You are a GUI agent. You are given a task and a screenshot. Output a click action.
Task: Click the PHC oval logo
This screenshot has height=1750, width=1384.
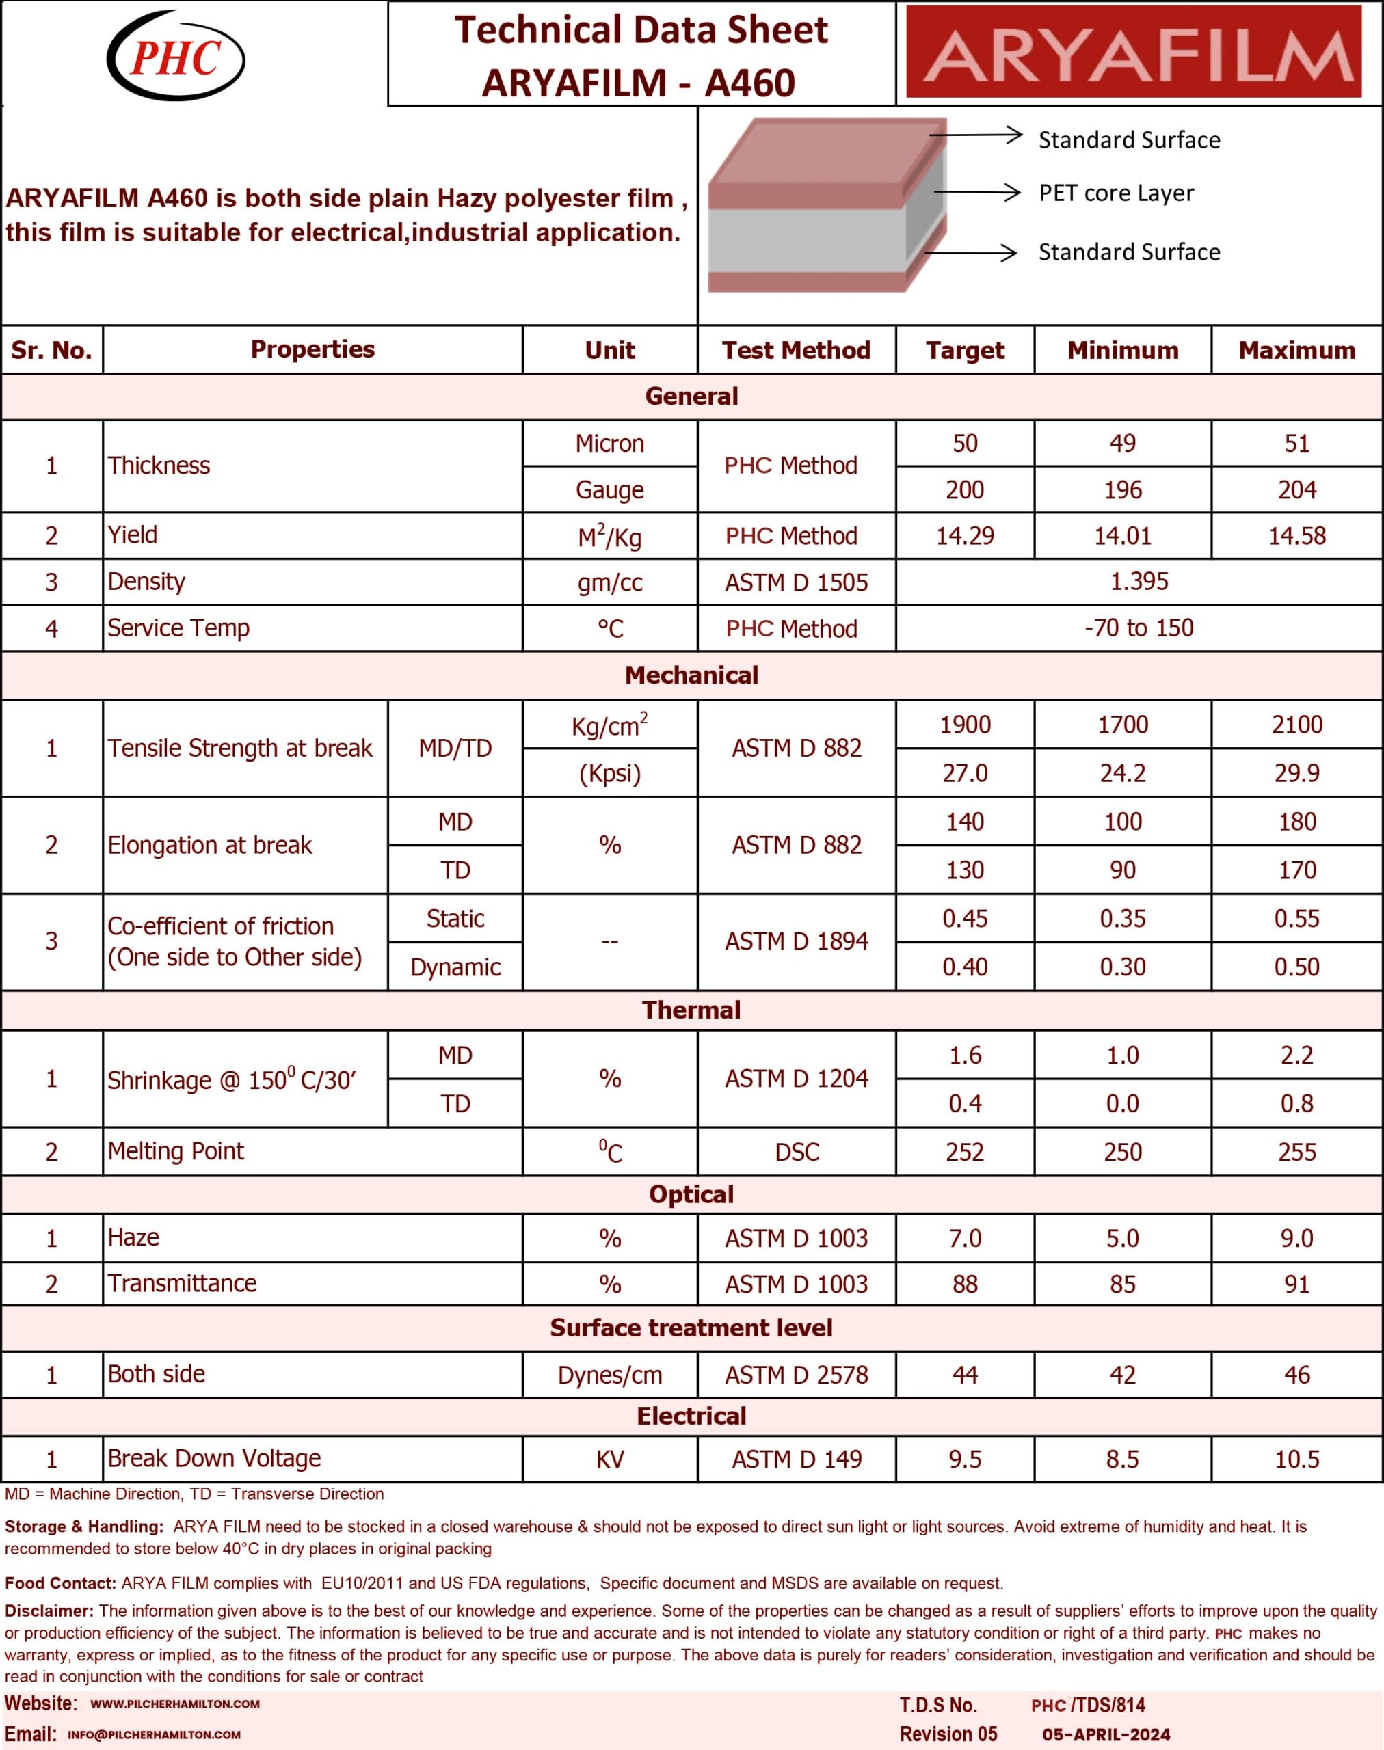(x=175, y=55)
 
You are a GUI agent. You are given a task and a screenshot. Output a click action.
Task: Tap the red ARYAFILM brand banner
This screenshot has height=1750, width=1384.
(x=1133, y=52)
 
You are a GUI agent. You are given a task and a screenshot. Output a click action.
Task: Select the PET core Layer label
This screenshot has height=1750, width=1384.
(x=1116, y=193)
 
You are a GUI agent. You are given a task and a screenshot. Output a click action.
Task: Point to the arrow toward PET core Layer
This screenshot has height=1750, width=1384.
(x=976, y=192)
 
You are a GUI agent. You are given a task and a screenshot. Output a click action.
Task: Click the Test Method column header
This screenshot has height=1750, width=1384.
(x=796, y=350)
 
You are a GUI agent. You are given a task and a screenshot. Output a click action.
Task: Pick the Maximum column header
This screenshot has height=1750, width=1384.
(x=1296, y=350)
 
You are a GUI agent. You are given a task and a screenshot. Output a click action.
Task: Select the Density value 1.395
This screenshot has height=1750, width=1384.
(x=1139, y=582)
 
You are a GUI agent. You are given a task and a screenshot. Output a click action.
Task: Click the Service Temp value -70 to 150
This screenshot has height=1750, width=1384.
(x=1139, y=628)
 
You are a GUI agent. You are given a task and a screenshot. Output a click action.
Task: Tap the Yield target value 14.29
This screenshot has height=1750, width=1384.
(x=964, y=535)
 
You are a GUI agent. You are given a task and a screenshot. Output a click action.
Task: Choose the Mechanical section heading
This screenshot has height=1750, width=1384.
(x=691, y=675)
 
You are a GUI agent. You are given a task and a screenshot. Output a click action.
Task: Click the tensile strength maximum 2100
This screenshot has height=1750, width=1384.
(x=1296, y=725)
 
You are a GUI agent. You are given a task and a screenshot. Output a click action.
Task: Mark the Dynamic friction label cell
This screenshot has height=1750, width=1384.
(x=455, y=967)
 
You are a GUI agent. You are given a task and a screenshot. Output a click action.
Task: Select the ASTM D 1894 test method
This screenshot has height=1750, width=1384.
(x=796, y=941)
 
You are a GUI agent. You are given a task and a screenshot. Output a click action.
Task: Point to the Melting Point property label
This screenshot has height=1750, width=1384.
(x=176, y=1151)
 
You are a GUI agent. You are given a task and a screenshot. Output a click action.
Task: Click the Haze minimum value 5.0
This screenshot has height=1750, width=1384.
(x=1122, y=1238)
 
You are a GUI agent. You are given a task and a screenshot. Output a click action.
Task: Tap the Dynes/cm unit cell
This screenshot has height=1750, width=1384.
(x=609, y=1375)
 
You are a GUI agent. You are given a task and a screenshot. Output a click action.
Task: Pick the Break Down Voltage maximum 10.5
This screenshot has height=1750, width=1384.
(x=1296, y=1459)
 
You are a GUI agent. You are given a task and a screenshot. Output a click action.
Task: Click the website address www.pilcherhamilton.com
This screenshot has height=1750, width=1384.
(x=175, y=1704)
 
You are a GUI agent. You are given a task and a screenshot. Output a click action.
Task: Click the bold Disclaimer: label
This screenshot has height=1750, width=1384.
(x=49, y=1611)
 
